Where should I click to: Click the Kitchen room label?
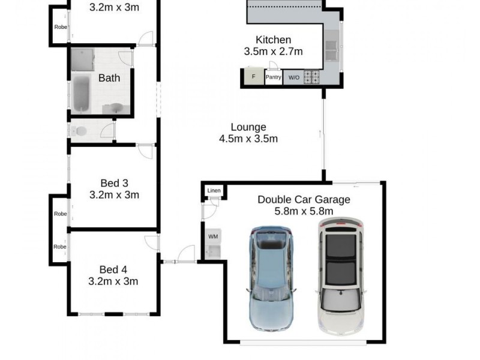[273, 40]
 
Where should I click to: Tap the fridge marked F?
[253, 77]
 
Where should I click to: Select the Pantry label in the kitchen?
[274, 77]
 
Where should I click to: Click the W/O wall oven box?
[293, 77]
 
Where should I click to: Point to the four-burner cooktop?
[312, 77]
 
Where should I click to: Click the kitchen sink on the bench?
[332, 44]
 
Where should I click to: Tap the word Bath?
[109, 78]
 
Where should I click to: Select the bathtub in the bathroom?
[81, 94]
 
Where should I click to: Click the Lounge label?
[248, 127]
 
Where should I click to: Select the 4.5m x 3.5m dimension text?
[248, 139]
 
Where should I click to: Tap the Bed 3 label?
[114, 183]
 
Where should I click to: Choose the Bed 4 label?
[114, 270]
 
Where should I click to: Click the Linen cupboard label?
[214, 191]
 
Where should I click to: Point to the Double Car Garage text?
[304, 200]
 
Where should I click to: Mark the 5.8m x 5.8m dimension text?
[304, 211]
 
